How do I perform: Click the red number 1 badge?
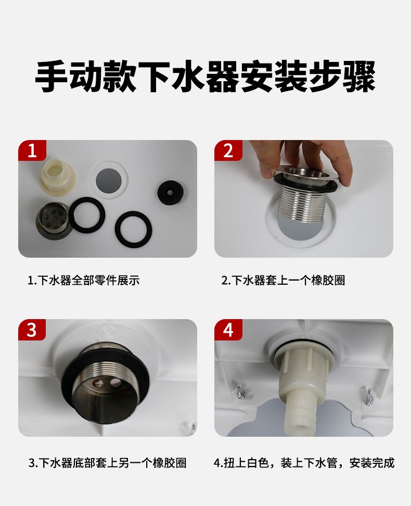tap(32, 150)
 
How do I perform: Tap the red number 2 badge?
tap(228, 150)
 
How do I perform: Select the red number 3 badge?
tap(32, 330)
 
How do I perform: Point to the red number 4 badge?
tap(228, 330)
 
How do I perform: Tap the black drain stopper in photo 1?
tap(171, 193)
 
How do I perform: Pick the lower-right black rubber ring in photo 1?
tap(133, 229)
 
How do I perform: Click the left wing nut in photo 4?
tap(240, 391)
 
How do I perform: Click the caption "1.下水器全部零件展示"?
tap(84, 280)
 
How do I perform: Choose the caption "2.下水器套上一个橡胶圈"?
tap(283, 280)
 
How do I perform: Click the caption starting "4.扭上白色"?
tap(304, 463)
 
